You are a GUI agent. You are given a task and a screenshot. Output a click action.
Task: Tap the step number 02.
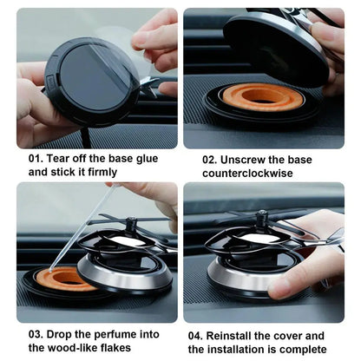tap(212, 160)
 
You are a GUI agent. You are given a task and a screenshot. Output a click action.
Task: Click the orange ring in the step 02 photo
tap(261, 96)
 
